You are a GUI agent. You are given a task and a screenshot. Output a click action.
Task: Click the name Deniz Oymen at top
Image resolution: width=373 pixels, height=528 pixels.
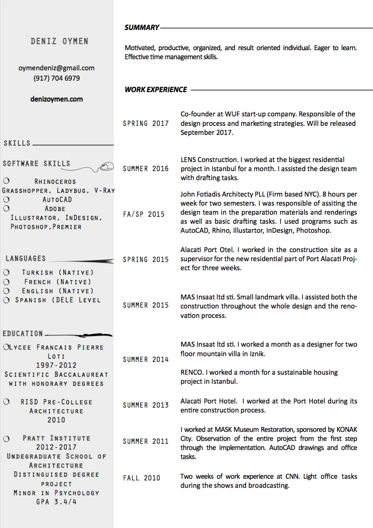click(x=59, y=41)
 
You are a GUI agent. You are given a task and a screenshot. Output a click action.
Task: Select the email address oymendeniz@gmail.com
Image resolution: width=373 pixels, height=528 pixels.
click(x=57, y=68)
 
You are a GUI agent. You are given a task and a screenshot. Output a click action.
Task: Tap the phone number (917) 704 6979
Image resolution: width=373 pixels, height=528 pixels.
click(x=57, y=78)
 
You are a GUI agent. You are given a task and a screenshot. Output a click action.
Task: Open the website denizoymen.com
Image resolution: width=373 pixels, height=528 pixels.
click(x=57, y=99)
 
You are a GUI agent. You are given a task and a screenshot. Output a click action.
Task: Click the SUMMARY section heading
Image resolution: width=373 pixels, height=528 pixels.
click(x=142, y=28)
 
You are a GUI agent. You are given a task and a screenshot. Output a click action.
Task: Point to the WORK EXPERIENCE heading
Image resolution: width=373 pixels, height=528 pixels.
click(x=156, y=89)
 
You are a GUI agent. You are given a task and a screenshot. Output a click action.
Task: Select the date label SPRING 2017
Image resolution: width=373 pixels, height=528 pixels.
click(x=146, y=123)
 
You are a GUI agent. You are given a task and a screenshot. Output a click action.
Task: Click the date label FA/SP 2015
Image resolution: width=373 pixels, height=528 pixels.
click(x=144, y=214)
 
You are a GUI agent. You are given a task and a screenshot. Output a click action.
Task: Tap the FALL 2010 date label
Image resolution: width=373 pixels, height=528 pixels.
click(x=142, y=478)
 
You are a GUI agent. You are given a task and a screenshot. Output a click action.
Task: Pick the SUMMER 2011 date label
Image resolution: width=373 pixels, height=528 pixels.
click(x=146, y=442)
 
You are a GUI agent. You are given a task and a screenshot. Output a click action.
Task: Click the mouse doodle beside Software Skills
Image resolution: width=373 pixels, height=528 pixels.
click(x=106, y=166)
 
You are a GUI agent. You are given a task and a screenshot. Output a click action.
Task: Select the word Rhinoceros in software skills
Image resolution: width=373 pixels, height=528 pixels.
click(x=55, y=181)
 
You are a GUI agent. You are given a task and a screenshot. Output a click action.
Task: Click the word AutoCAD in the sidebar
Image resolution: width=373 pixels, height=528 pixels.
click(x=58, y=199)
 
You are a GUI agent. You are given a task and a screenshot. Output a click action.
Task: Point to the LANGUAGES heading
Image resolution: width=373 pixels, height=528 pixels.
click(x=26, y=259)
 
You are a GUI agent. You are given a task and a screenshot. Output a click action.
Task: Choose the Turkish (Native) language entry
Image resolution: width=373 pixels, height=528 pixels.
click(x=58, y=273)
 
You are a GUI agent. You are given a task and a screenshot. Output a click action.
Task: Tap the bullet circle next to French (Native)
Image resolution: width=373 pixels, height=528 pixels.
click(x=6, y=282)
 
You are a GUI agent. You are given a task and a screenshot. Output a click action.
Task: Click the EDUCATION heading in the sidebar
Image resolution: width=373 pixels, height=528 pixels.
click(x=23, y=333)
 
